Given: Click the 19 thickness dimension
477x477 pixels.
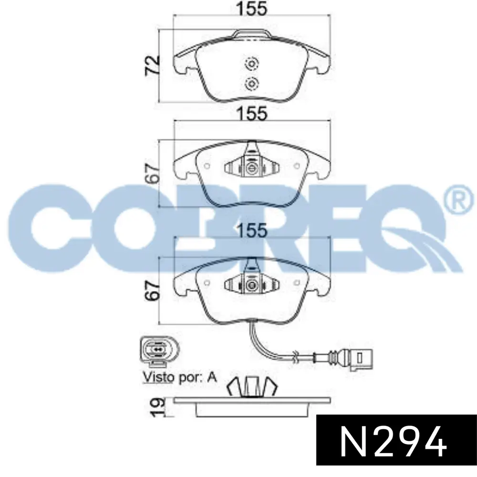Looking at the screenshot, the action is coord(158,407).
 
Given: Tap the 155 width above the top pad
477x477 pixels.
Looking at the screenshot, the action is coord(252,8).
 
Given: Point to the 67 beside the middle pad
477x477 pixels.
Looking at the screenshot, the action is coord(153,173).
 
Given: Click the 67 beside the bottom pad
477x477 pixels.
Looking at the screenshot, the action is coord(153,290).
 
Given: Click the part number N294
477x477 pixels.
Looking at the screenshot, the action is coord(393,441).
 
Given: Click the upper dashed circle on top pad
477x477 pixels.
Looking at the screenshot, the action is coord(251,64).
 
